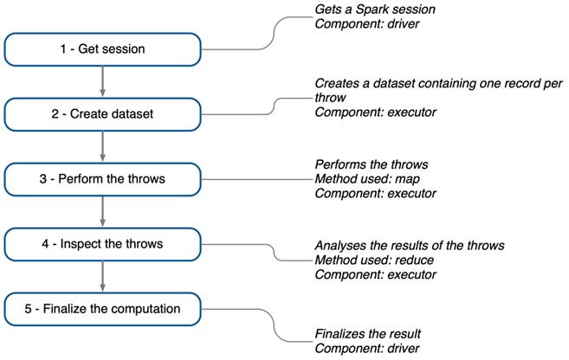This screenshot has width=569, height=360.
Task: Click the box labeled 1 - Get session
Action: point(103,49)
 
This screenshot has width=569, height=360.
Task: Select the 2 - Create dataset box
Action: point(103,113)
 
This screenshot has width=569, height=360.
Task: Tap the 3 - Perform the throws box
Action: point(103,178)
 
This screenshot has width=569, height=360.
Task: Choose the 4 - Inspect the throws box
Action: point(103,243)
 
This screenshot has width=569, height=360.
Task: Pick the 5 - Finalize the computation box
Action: point(103,308)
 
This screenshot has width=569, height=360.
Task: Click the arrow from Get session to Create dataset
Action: point(103,81)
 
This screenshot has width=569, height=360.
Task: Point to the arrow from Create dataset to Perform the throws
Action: point(103,146)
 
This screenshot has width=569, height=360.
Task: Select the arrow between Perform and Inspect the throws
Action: point(103,211)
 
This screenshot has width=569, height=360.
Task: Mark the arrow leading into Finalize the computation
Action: point(103,276)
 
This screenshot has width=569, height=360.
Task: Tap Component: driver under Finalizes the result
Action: point(367,348)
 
